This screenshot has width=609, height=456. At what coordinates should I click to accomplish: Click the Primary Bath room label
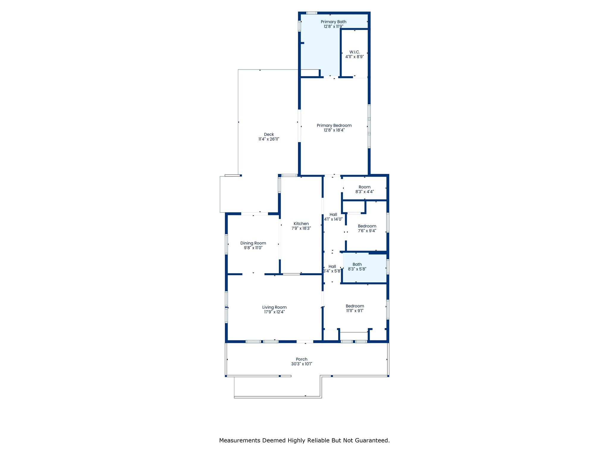click(x=333, y=22)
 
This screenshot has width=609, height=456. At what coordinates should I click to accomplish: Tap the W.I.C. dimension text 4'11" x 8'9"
click(x=354, y=57)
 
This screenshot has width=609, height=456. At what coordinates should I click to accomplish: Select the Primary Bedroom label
click(x=334, y=126)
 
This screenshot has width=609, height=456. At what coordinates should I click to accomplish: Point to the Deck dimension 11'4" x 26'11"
click(x=269, y=139)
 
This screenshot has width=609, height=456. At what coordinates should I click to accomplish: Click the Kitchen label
click(x=301, y=224)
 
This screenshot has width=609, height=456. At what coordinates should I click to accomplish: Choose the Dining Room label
click(x=253, y=243)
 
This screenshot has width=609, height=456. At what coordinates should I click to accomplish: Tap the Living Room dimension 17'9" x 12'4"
click(x=274, y=312)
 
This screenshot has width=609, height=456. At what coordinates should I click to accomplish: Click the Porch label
click(x=302, y=359)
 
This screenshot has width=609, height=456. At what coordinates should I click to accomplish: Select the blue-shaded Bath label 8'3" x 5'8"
click(x=357, y=267)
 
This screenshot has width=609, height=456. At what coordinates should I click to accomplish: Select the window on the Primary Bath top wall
click(x=312, y=13)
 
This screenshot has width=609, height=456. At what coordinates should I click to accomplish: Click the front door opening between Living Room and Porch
click(x=305, y=342)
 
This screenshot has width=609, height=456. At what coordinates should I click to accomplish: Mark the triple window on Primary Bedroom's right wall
click(x=369, y=126)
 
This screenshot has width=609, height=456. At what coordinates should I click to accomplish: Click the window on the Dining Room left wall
click(x=226, y=244)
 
